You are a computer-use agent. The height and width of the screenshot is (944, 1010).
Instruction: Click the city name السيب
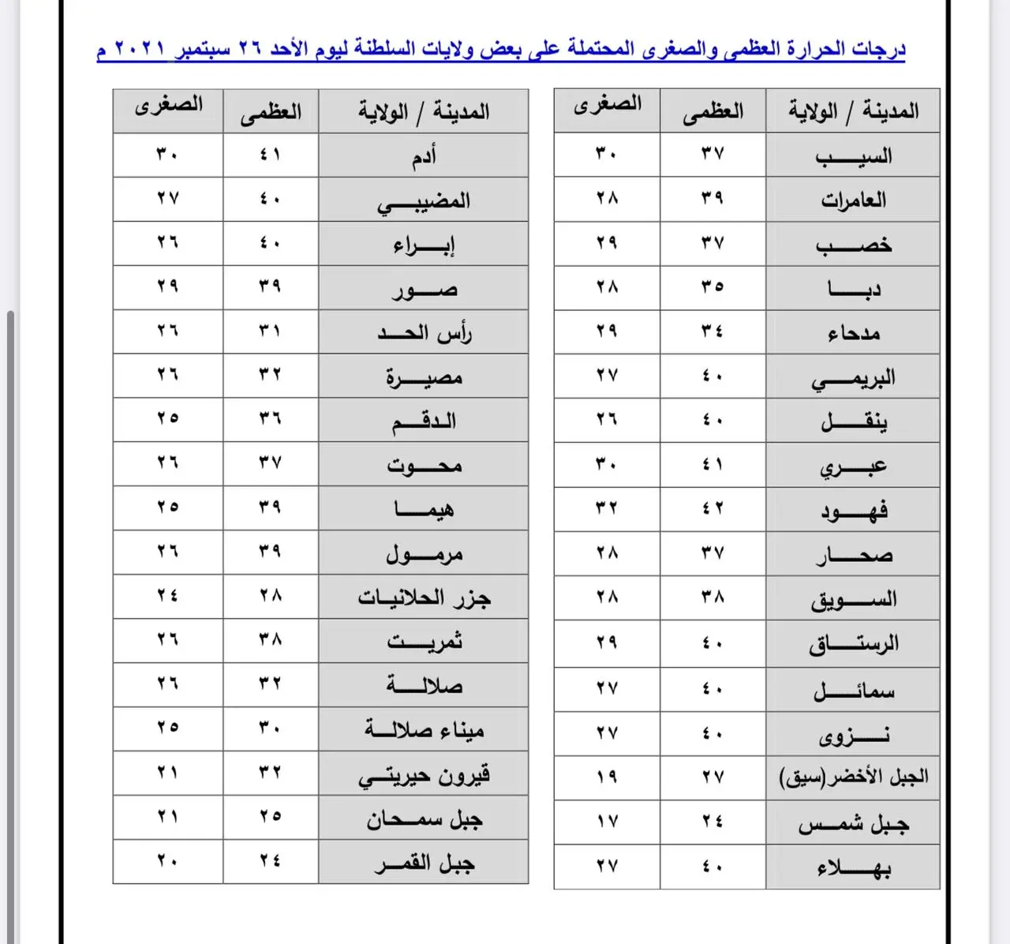point(853,155)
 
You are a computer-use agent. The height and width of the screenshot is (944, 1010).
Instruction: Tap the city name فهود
point(853,510)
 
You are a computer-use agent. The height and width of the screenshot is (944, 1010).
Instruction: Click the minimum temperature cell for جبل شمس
point(607,822)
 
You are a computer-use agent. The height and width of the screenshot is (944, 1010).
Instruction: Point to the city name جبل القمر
point(425,863)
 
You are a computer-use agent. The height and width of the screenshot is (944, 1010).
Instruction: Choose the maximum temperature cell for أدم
point(270,155)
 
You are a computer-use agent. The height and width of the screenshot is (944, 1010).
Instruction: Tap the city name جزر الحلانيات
point(425,597)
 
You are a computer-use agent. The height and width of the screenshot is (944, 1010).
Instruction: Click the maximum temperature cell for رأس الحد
point(270,332)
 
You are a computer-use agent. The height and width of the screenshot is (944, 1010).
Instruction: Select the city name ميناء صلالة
point(425,729)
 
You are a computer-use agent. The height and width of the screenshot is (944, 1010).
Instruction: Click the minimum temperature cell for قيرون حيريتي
point(167,773)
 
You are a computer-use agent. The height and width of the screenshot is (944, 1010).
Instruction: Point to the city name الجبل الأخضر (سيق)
point(853,777)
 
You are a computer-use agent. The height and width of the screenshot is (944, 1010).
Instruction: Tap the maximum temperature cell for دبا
point(713,287)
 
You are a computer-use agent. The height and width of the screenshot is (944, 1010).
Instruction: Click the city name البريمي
point(853,378)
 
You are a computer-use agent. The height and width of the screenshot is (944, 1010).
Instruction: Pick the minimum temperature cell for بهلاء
point(607,866)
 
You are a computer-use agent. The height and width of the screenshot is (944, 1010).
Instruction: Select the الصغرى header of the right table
point(607,105)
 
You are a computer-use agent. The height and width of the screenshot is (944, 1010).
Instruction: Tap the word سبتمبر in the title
point(203,50)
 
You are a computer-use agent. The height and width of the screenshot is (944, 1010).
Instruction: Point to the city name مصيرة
point(425,376)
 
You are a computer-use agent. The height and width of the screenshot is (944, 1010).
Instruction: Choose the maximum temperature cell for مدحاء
point(713,332)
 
